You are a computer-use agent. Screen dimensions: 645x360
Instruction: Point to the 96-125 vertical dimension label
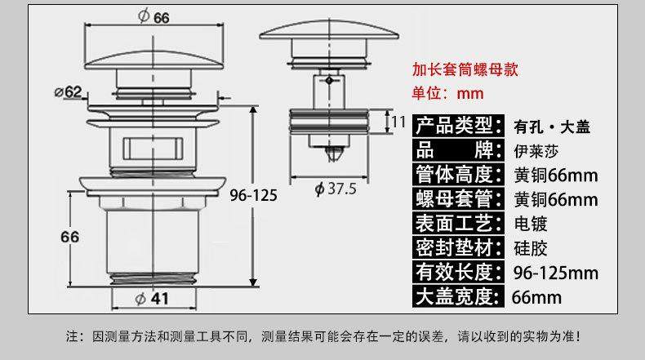pyautogui.click(x=253, y=195)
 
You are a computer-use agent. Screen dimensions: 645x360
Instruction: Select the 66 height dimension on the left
pyautogui.click(x=69, y=237)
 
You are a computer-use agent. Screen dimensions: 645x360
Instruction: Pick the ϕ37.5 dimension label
pyautogui.click(x=336, y=189)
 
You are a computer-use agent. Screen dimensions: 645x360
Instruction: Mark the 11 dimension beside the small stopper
pyautogui.click(x=398, y=122)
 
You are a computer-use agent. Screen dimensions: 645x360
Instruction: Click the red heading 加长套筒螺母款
pyautogui.click(x=465, y=69)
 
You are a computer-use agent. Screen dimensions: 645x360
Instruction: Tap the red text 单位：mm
pyautogui.click(x=447, y=93)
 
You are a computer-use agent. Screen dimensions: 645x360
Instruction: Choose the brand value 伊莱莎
pyautogui.click(x=536, y=151)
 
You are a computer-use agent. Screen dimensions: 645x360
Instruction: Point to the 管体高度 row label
pyautogui.click(x=456, y=175)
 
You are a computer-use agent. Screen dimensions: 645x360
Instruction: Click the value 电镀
pyautogui.click(x=531, y=224)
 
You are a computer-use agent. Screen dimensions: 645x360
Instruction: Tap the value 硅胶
pyautogui.click(x=531, y=247)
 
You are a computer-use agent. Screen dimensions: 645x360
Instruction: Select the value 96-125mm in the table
pyautogui.click(x=555, y=272)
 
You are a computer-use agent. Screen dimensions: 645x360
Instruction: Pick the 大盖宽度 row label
pyautogui.click(x=456, y=296)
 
